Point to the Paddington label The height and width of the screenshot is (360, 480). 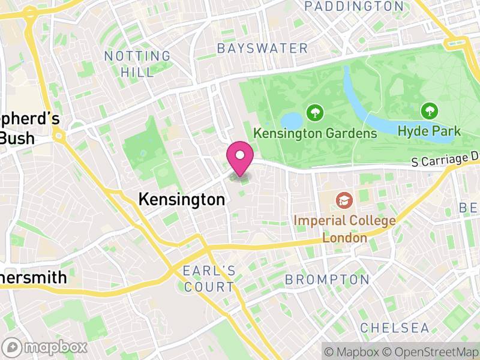354,7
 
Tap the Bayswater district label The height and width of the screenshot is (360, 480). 263,48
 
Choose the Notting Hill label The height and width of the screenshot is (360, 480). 137,64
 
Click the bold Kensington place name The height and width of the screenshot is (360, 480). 181,200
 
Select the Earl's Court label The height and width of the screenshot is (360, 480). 209,278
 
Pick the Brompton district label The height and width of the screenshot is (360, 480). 327,280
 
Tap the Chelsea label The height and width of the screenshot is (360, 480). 395,328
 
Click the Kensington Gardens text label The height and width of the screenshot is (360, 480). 314,133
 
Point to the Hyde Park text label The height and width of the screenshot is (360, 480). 428,131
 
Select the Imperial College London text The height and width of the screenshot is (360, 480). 344,229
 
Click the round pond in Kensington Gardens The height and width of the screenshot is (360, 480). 292,119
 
